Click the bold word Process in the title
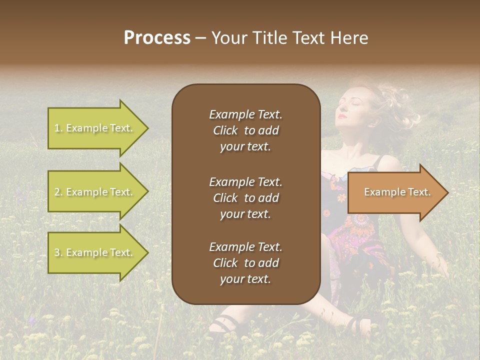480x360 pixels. click(x=157, y=38)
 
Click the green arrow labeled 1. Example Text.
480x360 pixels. click(x=95, y=128)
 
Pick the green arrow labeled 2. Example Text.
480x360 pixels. click(x=95, y=192)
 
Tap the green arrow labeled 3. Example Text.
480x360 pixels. click(x=95, y=252)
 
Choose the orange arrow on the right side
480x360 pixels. click(x=395, y=192)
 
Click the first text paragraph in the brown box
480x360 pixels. click(x=245, y=130)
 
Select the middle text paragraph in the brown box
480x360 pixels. click(x=245, y=198)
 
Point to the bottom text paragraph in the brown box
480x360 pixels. click(x=245, y=263)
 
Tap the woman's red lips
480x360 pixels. click(x=341, y=117)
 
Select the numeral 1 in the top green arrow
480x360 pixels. click(x=56, y=128)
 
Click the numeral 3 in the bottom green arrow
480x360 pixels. click(x=56, y=253)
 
